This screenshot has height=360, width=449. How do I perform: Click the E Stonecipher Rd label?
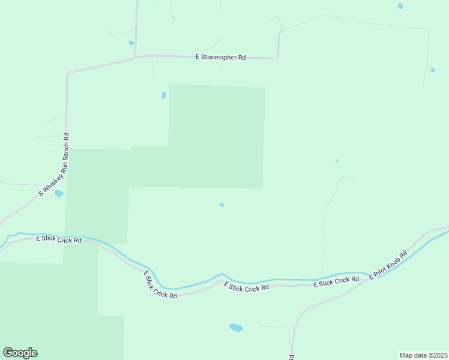point(221,58)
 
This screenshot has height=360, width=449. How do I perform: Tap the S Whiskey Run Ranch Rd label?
point(55,165)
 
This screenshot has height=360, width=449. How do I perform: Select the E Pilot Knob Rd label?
point(388,265)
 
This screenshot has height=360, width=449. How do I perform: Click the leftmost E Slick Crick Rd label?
point(59,239)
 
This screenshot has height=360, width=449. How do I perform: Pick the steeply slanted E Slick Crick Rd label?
point(160,285)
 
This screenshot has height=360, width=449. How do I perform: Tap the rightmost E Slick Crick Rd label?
point(336,281)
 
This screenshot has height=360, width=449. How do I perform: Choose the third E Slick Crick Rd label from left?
point(247,287)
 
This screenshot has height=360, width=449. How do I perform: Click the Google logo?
point(20,353)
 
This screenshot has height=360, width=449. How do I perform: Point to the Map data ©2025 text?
point(423,355)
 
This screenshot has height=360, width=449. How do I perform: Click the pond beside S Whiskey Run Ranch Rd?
point(59,194)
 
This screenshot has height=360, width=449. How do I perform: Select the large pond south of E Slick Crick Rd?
point(236,328)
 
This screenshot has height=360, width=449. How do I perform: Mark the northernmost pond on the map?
point(400,6)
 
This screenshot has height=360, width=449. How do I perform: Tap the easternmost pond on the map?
point(432,70)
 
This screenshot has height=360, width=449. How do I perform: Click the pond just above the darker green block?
point(164,95)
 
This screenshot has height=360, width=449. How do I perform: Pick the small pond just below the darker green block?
point(222,205)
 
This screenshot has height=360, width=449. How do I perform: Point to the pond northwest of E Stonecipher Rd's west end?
point(131,43)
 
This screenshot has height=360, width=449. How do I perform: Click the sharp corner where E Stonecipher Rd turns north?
point(278,57)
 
